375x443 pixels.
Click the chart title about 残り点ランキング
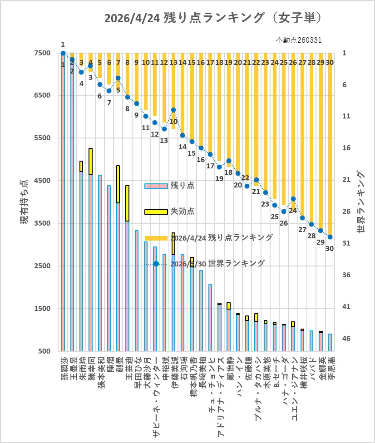coord(213,18)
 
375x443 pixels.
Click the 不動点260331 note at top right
coord(299,40)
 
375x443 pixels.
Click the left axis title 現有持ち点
coord(23,202)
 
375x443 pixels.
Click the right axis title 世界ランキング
coord(361,202)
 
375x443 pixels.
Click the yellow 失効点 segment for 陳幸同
coord(90,162)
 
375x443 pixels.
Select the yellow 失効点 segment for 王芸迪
coord(128,203)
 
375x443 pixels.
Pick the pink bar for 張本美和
coord(100,263)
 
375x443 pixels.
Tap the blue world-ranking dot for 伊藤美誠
coord(173,110)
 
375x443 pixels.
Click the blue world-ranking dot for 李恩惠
coord(330,237)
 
